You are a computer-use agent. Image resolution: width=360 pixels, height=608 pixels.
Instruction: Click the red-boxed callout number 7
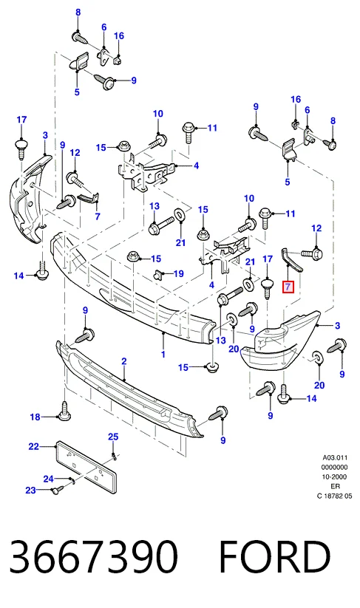[288, 287]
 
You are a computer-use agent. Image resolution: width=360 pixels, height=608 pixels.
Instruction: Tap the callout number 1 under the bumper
[163, 354]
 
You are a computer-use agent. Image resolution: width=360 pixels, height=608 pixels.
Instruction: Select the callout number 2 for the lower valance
[123, 361]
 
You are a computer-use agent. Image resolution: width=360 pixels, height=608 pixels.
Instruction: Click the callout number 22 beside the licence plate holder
[34, 447]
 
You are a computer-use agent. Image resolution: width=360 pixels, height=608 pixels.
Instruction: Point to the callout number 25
[113, 437]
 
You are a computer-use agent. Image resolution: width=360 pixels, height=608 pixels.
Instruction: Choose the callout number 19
[178, 274]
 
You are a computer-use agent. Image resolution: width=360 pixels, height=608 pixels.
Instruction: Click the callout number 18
[35, 417]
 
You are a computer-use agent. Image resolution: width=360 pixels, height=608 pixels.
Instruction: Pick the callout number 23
[30, 491]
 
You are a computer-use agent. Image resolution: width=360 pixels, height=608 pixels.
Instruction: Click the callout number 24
[49, 479]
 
